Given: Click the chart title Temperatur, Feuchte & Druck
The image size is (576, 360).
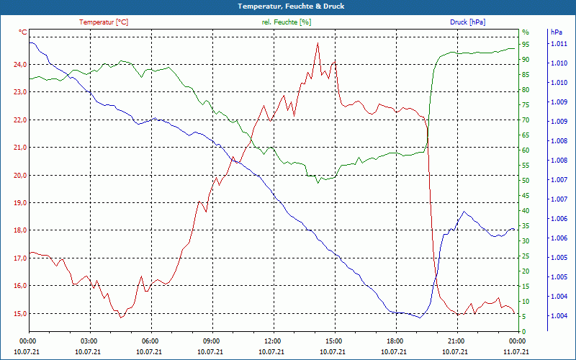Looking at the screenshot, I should [287, 6].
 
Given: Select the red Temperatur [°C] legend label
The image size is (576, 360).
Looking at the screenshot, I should [104, 22].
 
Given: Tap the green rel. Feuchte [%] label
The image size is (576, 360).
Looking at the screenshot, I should [287, 22].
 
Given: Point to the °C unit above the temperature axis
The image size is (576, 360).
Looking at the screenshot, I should [23, 32].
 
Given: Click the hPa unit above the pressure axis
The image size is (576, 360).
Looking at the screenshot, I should [556, 32].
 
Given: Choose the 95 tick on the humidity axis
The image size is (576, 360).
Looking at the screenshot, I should [526, 45].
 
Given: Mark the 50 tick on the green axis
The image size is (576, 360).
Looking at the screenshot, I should [526, 181].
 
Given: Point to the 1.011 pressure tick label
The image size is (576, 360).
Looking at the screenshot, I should [559, 44].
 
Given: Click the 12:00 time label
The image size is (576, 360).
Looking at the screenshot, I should [272, 341].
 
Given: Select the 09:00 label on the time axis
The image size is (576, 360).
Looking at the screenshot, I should [211, 341].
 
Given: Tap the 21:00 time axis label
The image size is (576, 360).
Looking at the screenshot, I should [455, 341].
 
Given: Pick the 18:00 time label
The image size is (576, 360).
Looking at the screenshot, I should [394, 341].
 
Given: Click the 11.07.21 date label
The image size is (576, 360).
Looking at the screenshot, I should [516, 352].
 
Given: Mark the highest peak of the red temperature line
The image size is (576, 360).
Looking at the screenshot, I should [318, 43].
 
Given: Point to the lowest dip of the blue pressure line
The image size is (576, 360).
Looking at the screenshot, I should [420, 317].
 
